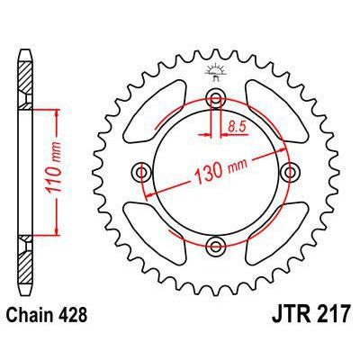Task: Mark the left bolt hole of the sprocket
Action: click(142, 171)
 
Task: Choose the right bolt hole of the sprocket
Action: click(290, 171)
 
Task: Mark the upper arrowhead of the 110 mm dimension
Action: click(58, 112)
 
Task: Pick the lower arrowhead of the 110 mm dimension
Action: click(58, 230)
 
